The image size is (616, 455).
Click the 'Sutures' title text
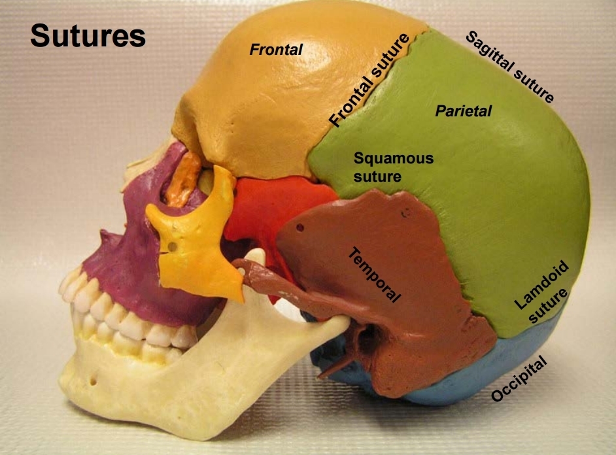(x=88, y=37)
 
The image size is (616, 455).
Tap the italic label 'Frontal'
(x=277, y=49)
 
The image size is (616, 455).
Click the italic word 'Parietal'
(x=463, y=111)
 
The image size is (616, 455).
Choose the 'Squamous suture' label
(x=392, y=167)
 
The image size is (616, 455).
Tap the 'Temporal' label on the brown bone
(x=374, y=275)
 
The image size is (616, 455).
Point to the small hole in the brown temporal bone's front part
(x=300, y=228)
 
